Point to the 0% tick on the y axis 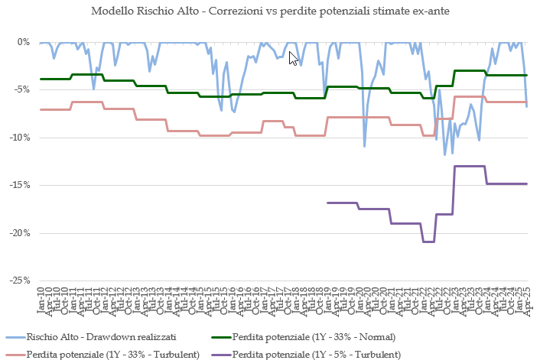click(x=24, y=42)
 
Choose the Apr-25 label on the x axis click(x=527, y=300)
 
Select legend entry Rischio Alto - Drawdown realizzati click(x=102, y=337)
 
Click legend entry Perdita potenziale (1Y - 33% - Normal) click(x=314, y=337)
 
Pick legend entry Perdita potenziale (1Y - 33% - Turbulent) click(x=113, y=355)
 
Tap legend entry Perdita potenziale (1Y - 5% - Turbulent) click(x=316, y=355)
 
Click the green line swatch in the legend click(x=217, y=337)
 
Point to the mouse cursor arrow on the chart click(x=293, y=58)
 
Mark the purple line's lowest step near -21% click(x=428, y=242)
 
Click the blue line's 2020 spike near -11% click(x=364, y=145)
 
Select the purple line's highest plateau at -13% click(x=470, y=166)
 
